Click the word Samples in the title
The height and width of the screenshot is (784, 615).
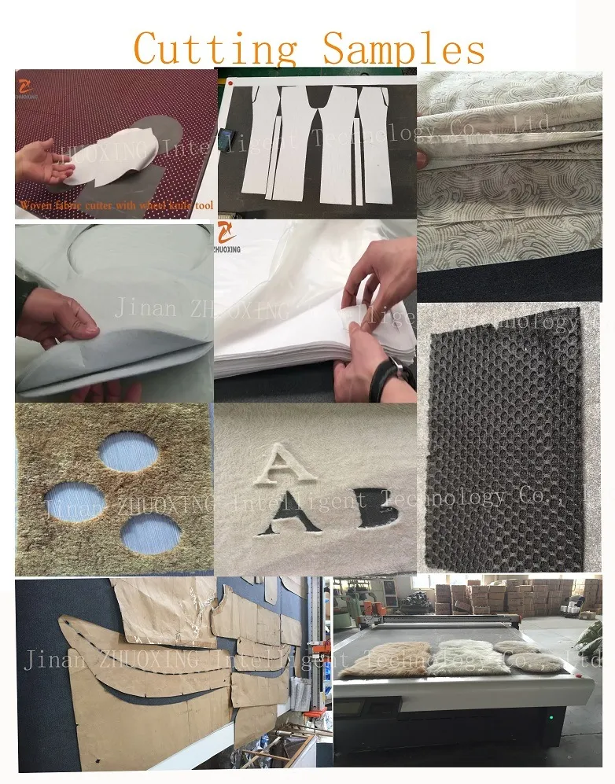pyautogui.click(x=404, y=49)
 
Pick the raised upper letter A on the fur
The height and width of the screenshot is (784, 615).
pyautogui.click(x=280, y=465)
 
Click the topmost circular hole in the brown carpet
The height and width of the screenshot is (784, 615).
pyautogui.click(x=128, y=452)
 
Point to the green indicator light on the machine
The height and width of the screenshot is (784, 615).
pyautogui.click(x=551, y=716)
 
